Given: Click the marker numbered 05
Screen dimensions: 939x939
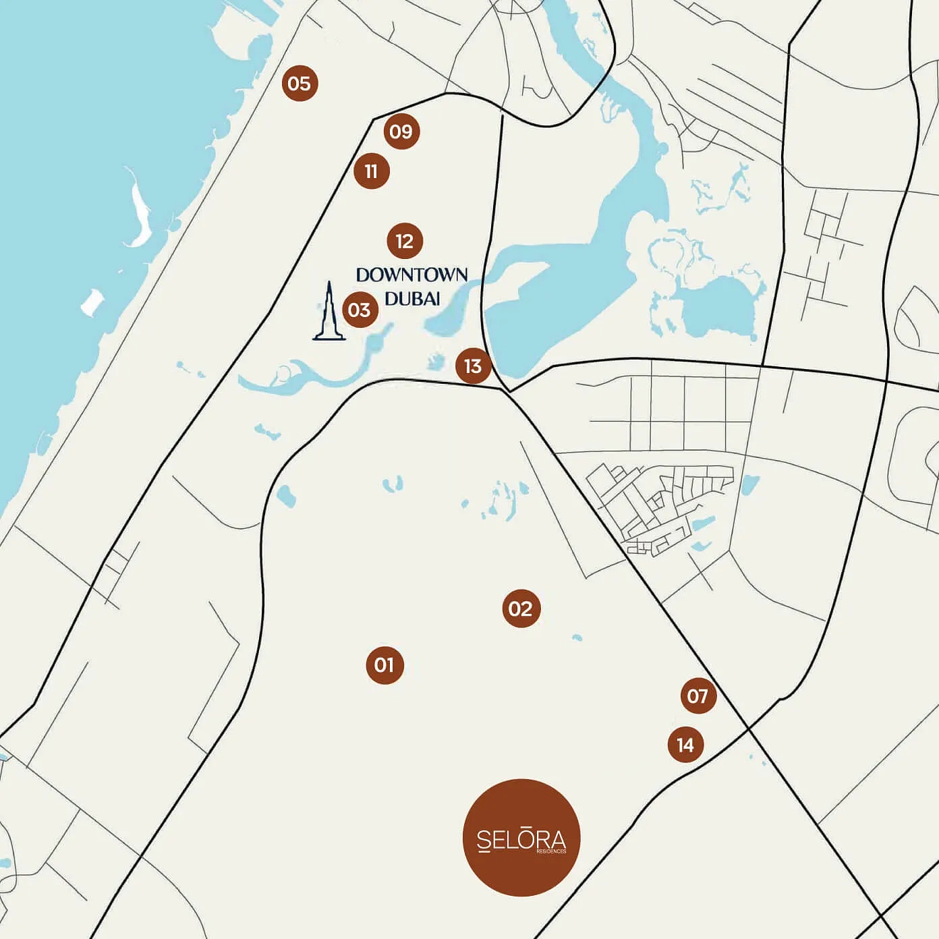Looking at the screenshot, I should pyautogui.click(x=300, y=84).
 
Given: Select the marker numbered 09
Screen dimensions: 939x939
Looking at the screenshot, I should pyautogui.click(x=401, y=132).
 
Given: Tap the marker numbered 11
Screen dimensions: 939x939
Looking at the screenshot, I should pyautogui.click(x=372, y=171).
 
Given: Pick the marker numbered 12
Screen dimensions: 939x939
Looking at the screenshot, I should pyautogui.click(x=405, y=241).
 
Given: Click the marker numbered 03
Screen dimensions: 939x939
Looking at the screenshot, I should pyautogui.click(x=360, y=310).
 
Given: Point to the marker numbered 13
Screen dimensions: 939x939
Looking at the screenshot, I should pyautogui.click(x=473, y=366).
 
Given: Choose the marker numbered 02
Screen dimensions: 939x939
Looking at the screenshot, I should pyautogui.click(x=521, y=609).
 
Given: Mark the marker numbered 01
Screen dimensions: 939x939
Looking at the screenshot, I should pyautogui.click(x=385, y=665).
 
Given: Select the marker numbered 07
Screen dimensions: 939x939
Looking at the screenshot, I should pyautogui.click(x=698, y=695).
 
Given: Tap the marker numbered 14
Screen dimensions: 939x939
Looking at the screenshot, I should pyautogui.click(x=685, y=745).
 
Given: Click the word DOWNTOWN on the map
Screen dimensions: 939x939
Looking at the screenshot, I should pyautogui.click(x=411, y=275).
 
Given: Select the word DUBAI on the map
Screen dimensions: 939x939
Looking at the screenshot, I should pyautogui.click(x=412, y=298).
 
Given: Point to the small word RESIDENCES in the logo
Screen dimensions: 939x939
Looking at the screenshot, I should pyautogui.click(x=552, y=851).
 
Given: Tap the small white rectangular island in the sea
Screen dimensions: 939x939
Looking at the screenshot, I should pyautogui.click(x=92, y=303).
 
